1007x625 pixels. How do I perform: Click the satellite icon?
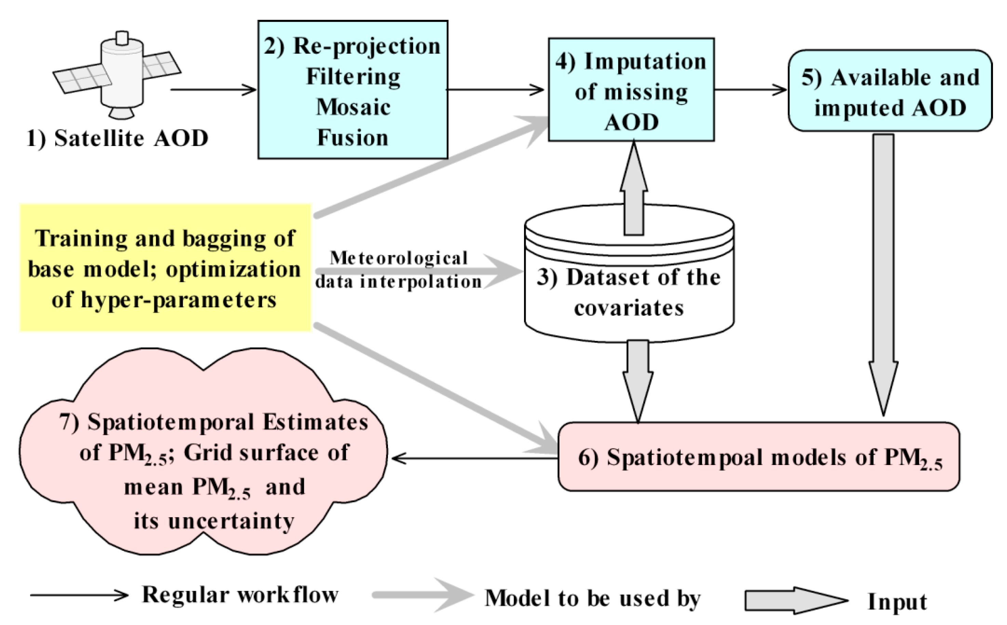pyautogui.click(x=118, y=75)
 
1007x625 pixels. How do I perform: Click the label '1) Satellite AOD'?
pyautogui.click(x=117, y=138)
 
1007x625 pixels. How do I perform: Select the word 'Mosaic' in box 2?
pyautogui.click(x=353, y=107)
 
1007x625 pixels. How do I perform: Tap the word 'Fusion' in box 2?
pyautogui.click(x=352, y=138)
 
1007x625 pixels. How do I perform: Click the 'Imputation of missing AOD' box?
pyautogui.click(x=631, y=91)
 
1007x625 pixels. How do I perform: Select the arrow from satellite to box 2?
pyautogui.click(x=213, y=89)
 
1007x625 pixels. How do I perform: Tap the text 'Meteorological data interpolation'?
pyautogui.click(x=398, y=270)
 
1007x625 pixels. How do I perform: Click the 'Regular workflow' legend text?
pyautogui.click(x=240, y=595)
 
